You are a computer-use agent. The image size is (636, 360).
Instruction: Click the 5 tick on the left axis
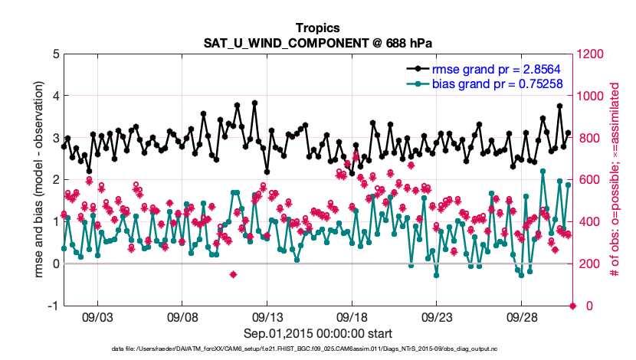[55, 54]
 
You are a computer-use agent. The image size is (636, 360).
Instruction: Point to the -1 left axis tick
[53, 306]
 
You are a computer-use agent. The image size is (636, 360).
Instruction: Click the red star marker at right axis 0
[572, 306]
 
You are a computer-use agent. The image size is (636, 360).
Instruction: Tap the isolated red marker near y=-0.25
[233, 274]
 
